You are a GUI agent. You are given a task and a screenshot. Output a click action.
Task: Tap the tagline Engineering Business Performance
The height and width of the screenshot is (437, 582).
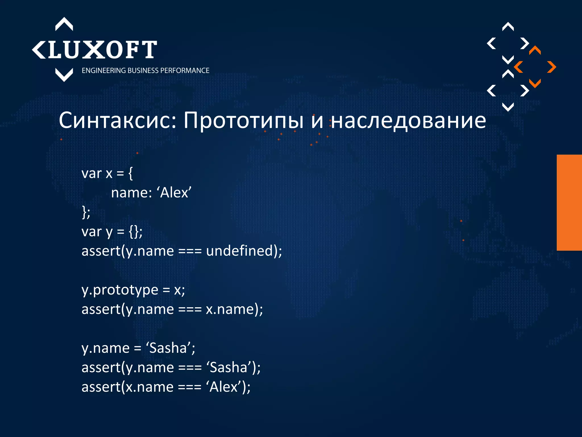145,71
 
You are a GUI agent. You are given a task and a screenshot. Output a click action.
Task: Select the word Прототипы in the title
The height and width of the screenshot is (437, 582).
243,120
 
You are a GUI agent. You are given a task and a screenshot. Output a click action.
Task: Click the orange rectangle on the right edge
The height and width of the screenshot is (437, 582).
569,203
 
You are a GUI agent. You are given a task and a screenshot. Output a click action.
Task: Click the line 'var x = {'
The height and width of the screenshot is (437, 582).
107,173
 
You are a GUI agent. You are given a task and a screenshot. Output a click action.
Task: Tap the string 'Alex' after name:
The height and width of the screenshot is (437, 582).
174,193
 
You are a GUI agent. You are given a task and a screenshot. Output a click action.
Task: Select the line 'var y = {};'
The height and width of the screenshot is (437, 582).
112,232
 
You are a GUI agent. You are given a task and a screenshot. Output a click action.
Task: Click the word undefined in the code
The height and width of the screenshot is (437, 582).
240,251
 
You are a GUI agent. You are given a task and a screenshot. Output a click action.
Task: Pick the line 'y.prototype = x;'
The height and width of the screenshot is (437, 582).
133,290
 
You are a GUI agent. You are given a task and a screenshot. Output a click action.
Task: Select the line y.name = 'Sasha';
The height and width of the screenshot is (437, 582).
138,348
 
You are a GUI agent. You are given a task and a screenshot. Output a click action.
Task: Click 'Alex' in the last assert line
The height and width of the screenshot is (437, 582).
224,387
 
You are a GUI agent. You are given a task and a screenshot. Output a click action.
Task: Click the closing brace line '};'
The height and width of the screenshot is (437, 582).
86,212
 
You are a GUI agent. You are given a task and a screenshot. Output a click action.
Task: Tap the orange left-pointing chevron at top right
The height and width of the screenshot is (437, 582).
519,67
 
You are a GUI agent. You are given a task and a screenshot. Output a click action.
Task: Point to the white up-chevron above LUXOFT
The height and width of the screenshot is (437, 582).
64,24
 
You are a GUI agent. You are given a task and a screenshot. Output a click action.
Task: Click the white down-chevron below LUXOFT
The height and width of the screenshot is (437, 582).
64,75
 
